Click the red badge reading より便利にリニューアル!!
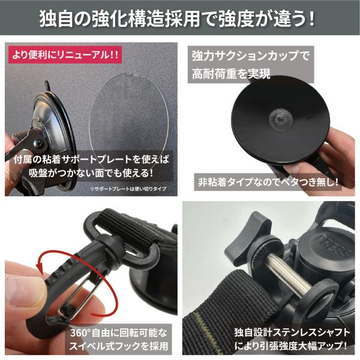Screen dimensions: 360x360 tap(65, 55)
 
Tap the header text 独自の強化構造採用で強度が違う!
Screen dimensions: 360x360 tap(177, 19)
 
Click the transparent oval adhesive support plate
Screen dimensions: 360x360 tap(128, 124)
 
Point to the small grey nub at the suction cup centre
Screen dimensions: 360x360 tap(280, 118)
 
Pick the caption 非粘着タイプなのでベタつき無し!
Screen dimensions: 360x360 tap(268, 182)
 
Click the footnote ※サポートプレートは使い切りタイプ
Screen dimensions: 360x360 tap(128, 189)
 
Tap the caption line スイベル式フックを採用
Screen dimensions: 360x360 tap(119, 346)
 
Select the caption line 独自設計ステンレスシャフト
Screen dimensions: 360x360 tap(292, 332)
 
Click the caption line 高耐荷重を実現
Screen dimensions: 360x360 tap(231, 74)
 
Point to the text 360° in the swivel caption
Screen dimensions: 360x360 tap(80, 332)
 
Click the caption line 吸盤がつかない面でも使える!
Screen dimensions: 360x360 tap(91, 173)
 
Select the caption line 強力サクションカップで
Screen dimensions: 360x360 tap(251, 56)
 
